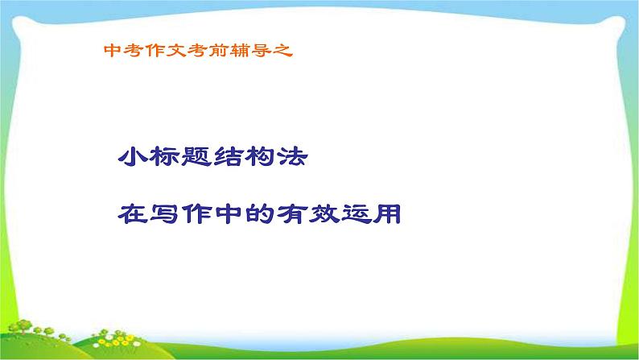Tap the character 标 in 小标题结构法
coord(167,156)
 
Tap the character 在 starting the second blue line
coord(133,214)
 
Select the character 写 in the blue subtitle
coord(167,214)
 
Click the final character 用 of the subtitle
coord(390,214)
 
